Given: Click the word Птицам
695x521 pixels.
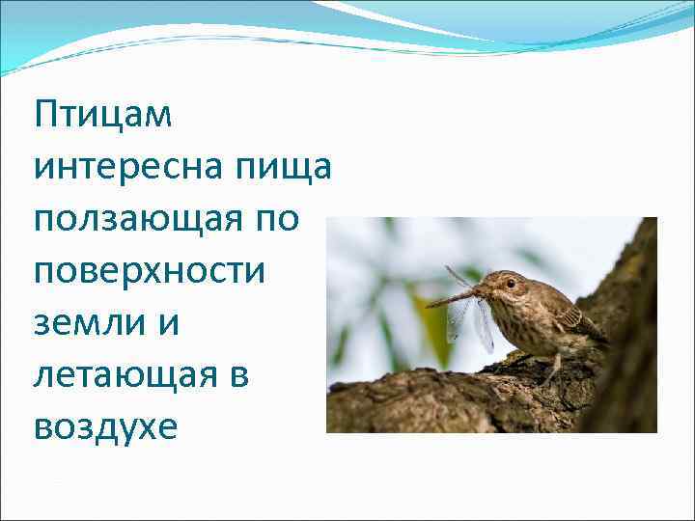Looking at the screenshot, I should coord(103,116).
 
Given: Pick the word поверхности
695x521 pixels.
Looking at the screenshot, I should coord(149,271).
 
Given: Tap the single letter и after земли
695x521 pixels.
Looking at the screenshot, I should coord(169,323).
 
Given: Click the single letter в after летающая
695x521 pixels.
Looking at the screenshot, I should coord(239,375).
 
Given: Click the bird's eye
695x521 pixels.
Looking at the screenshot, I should coord(511,283).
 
